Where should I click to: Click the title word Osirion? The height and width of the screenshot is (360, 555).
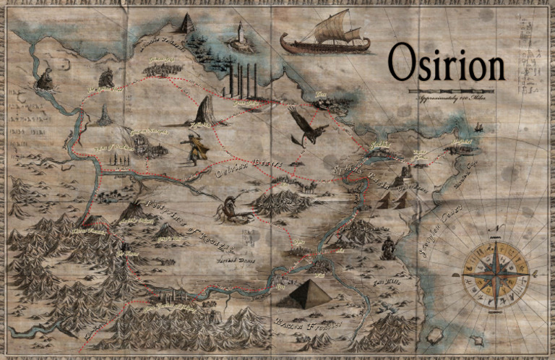tap(445, 64)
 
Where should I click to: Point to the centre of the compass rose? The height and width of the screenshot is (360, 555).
tap(495, 275)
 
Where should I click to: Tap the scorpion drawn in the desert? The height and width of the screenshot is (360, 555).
tap(235, 210)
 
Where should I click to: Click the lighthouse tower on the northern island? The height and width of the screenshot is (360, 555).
tap(239, 35)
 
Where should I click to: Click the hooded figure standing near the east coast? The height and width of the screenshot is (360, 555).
tap(389, 247)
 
